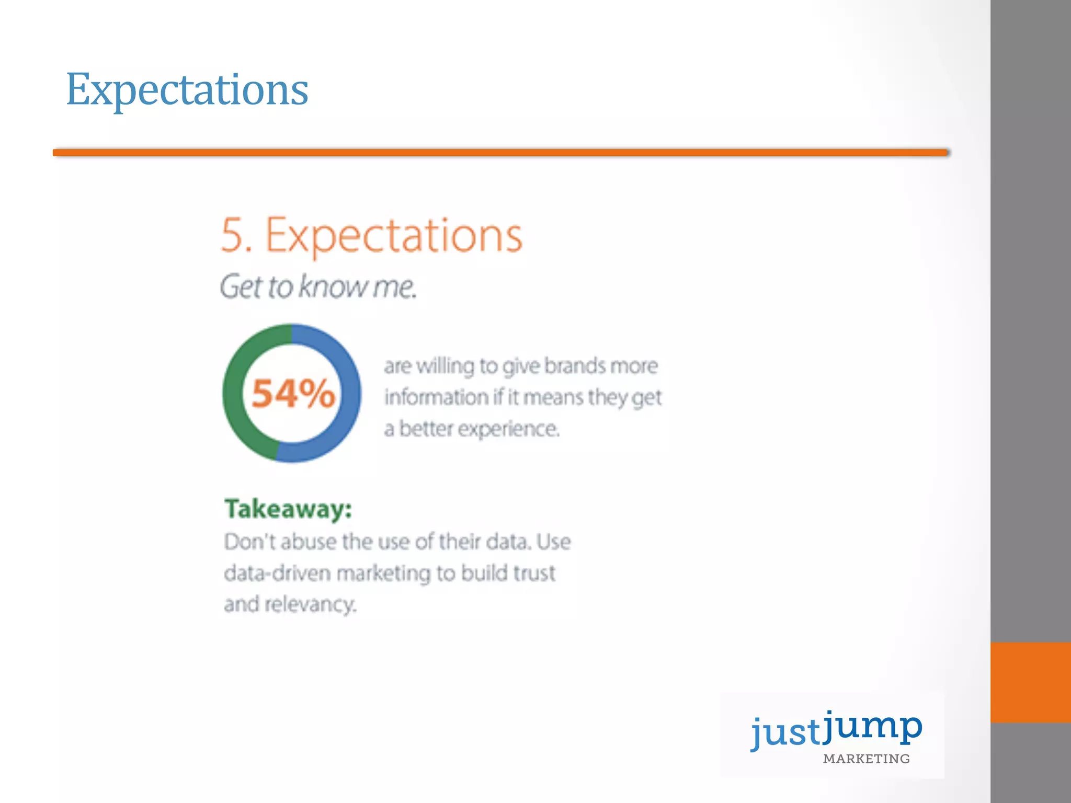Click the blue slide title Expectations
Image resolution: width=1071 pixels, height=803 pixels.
point(187,90)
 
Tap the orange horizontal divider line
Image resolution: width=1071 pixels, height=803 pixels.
point(500,153)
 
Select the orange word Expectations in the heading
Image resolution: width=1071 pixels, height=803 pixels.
point(394,236)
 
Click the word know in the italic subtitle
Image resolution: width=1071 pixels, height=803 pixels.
point(332,287)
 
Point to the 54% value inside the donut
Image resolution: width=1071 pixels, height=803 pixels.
point(293,394)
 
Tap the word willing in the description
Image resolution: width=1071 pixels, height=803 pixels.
point(445,366)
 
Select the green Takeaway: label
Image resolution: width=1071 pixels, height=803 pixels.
point(288,509)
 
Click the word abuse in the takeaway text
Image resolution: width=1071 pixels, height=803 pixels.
point(309,542)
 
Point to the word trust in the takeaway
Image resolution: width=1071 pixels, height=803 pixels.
point(533,573)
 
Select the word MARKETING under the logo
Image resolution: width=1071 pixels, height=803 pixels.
point(866,759)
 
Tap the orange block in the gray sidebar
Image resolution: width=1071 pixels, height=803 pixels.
point(1030,682)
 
